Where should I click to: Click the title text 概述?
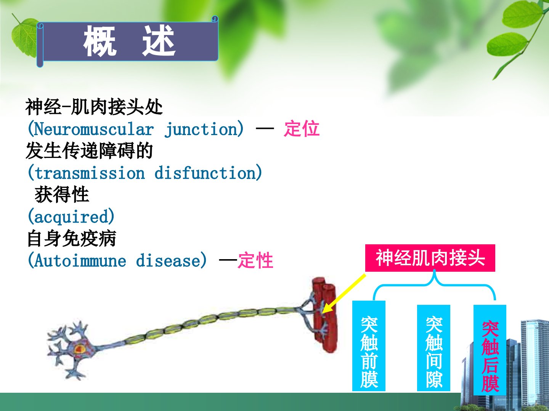[x=129, y=41]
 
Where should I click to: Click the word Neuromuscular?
[x=94, y=129]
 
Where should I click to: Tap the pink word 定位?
[x=302, y=129]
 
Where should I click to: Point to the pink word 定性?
[x=255, y=261]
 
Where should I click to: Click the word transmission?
[x=90, y=173]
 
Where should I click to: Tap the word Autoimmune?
[x=80, y=261]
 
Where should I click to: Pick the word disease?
[x=169, y=261]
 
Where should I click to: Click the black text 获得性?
[x=62, y=194]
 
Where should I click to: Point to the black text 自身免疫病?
[x=72, y=239]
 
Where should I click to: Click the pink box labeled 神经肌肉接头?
[x=430, y=258]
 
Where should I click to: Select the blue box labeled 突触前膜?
[x=369, y=346]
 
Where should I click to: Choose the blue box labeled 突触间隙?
[x=433, y=348]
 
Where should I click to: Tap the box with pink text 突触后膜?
[x=490, y=350]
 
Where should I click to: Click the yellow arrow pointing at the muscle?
[x=344, y=294]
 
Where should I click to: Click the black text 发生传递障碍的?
[x=89, y=151]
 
